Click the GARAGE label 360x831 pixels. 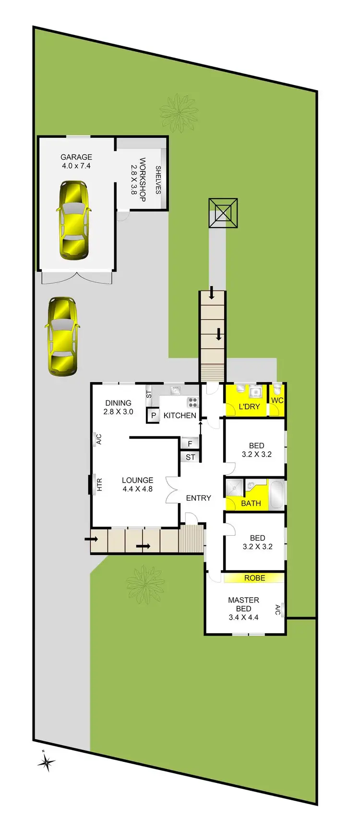point(76,157)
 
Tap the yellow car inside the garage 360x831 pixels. point(73,220)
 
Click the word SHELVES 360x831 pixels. point(158,180)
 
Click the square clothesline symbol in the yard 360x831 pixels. point(223,213)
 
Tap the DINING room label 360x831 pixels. point(118,403)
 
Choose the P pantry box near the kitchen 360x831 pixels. point(154,415)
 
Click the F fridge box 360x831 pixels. point(190,444)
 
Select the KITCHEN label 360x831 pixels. point(180,415)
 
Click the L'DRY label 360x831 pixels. point(249,407)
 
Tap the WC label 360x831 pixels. point(277,400)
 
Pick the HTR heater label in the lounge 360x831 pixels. point(99,484)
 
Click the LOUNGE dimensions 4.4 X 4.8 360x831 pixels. point(137,489)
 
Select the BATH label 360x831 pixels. point(251,503)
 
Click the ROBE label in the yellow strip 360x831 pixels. point(254,578)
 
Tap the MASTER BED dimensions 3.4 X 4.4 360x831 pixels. point(244,617)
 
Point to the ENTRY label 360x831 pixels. point(198,498)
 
